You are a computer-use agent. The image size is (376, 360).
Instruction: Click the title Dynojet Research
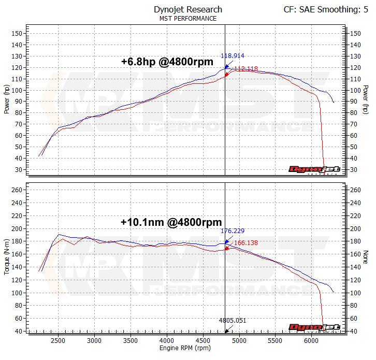pyautogui.click(x=188, y=9)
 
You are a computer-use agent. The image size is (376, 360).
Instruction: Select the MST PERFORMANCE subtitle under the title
pyautogui.click(x=188, y=19)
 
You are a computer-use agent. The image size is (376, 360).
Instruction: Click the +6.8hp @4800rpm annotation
pyautogui.click(x=167, y=62)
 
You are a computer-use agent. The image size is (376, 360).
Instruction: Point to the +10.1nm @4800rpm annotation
pyautogui.click(x=171, y=222)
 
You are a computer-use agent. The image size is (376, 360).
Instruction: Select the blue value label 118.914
pyautogui.click(x=233, y=55)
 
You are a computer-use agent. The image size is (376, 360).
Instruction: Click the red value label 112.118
pyautogui.click(x=246, y=68)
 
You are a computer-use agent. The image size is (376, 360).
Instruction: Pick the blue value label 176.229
pyautogui.click(x=233, y=231)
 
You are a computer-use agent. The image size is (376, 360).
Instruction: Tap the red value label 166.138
pyautogui.click(x=246, y=242)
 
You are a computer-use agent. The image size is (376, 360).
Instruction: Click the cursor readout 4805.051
pyautogui.click(x=232, y=321)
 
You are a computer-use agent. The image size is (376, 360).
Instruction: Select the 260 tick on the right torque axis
pyautogui.click(x=356, y=190)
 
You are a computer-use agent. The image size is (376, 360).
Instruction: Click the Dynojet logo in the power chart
pyautogui.click(x=314, y=169)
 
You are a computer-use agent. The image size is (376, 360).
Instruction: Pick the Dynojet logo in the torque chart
pyautogui.click(x=314, y=327)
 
